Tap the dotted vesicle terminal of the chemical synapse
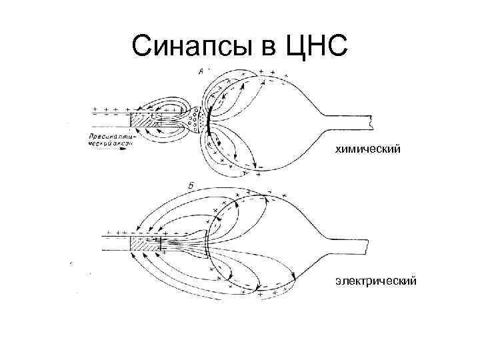point(194,121)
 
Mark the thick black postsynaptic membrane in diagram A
point(209,119)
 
